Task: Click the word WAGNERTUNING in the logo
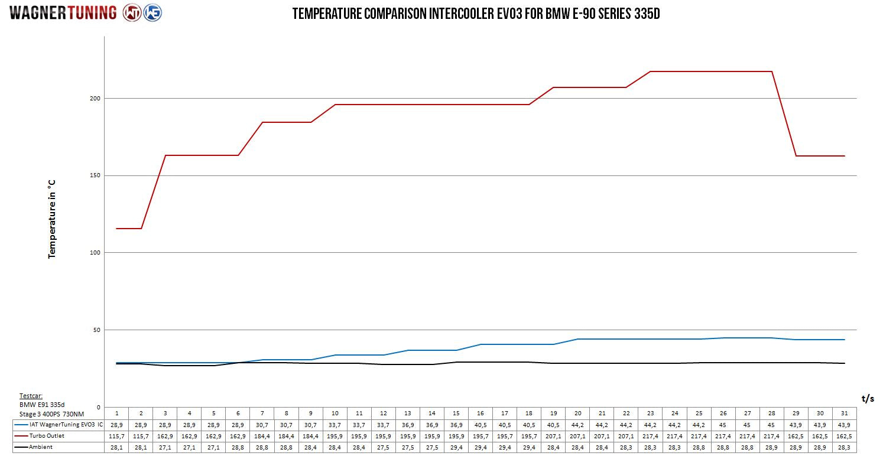[63, 13]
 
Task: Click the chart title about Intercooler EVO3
[476, 14]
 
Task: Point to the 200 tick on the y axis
[95, 99]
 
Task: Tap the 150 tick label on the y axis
[95, 175]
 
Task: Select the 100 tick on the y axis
[95, 253]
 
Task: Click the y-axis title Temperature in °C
[51, 219]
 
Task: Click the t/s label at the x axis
[868, 399]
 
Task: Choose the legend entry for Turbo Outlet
[40, 436]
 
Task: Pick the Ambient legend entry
[34, 447]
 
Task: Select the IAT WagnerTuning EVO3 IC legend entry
[59, 425]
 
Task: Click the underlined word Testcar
[31, 396]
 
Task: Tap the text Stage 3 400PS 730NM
[51, 414]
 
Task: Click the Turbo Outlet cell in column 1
[116, 437]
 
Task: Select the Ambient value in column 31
[844, 447]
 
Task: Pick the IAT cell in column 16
[480, 425]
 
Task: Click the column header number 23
[650, 413]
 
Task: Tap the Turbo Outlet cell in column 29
[796, 437]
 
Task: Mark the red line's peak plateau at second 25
[699, 71]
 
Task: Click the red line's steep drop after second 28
[784, 113]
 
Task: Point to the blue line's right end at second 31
[845, 340]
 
